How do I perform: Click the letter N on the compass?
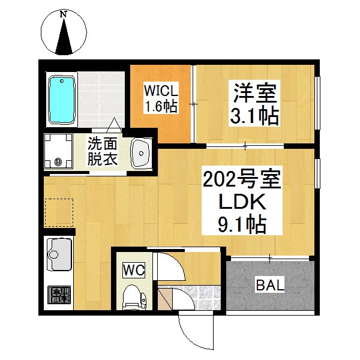64,14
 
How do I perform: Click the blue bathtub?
62,100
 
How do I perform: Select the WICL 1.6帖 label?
161,99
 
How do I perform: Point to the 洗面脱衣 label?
103,151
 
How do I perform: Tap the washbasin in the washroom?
141,152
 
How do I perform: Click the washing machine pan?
58,151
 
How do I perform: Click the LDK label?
242,202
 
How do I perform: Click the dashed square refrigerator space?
59,213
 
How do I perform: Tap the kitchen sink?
59,254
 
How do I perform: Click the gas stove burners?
59,295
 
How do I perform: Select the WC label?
134,271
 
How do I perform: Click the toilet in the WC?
134,298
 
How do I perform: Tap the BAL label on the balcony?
270,285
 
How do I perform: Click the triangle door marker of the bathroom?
114,125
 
